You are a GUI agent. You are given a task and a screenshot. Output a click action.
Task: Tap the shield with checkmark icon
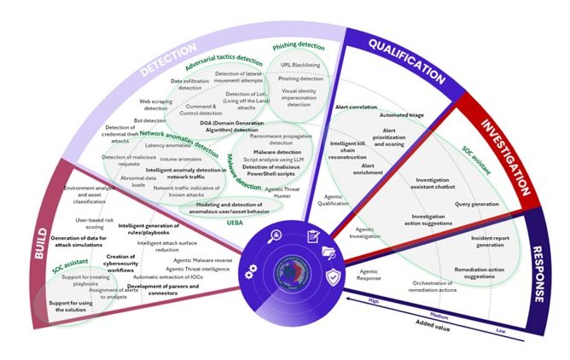(x=332, y=275)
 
